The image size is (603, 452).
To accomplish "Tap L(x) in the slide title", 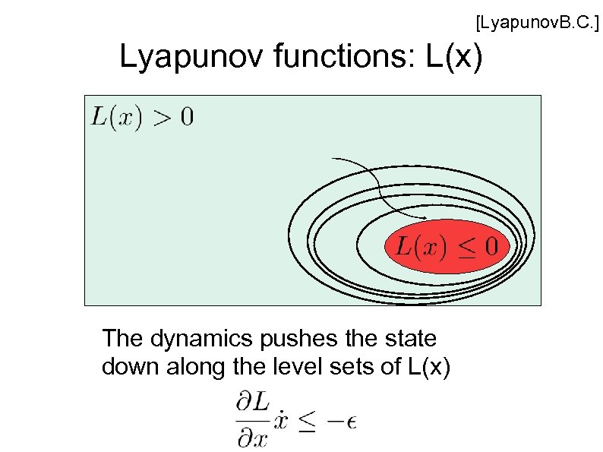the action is point(454,58).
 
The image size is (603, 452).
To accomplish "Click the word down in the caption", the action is point(126,367).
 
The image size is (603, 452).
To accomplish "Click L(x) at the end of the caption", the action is point(429,368).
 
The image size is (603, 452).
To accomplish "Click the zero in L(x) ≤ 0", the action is point(491,246).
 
